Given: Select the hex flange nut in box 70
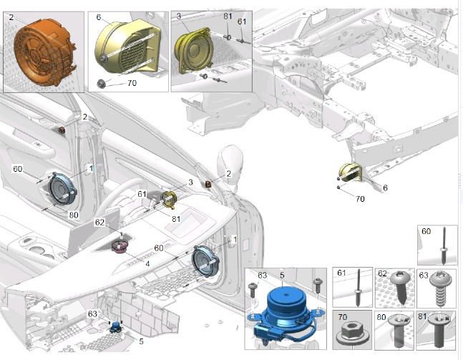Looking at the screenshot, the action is [351, 333].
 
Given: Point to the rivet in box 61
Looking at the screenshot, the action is [359, 287].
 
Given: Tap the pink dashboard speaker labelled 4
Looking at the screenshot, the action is [120, 246].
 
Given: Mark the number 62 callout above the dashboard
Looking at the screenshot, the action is [99, 222].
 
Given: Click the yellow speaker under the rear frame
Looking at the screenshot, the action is [350, 172].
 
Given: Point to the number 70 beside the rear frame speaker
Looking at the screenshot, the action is [360, 199].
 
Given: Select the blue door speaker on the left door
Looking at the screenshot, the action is [62, 189].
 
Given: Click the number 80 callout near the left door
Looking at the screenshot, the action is [74, 215].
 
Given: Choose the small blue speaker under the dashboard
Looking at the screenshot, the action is [115, 327].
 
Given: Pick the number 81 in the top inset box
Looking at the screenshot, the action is [228, 16].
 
